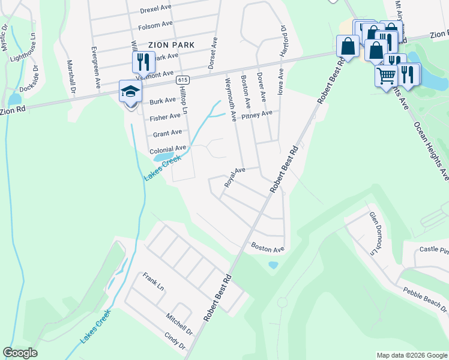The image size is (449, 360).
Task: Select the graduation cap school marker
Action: (x=130, y=92)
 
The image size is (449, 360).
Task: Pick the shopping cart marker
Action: (x=386, y=76)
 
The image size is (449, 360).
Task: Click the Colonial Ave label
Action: (x=168, y=149)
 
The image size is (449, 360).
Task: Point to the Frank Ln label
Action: (x=154, y=281)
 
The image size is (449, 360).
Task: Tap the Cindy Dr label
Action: (x=175, y=341)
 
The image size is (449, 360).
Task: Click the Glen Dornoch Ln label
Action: (x=375, y=232)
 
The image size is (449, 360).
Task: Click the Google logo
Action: (x=20, y=353)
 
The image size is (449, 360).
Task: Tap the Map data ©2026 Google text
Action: (x=411, y=355)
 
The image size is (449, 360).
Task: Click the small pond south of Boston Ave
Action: (x=273, y=264)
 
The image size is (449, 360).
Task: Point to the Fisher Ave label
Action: (x=166, y=116)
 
